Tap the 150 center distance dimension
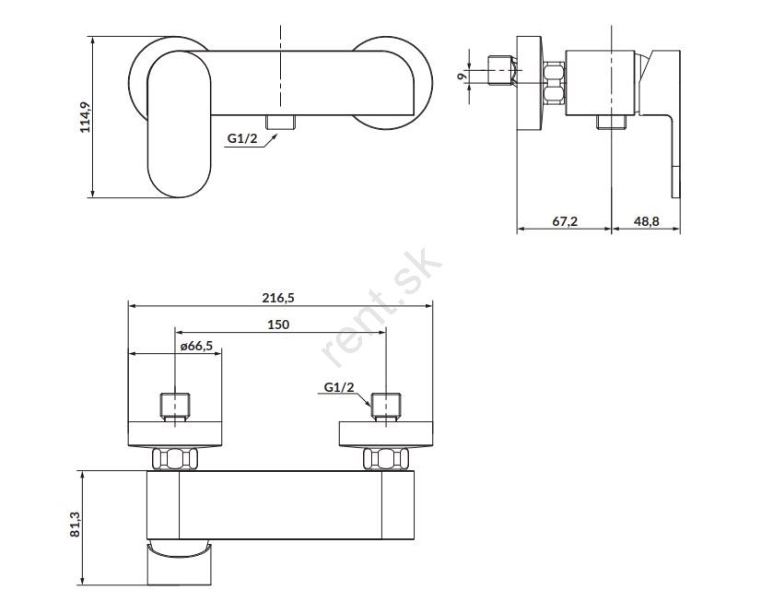pos(279,325)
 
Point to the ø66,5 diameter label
pos(194,346)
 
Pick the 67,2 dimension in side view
pos(564,220)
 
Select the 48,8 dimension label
pos(647,220)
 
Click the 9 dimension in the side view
pos(461,77)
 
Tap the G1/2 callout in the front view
pos(242,139)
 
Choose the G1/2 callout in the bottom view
pos(339,388)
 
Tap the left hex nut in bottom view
pos(175,458)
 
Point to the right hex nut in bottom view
pos(383,458)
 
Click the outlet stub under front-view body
pos(280,123)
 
